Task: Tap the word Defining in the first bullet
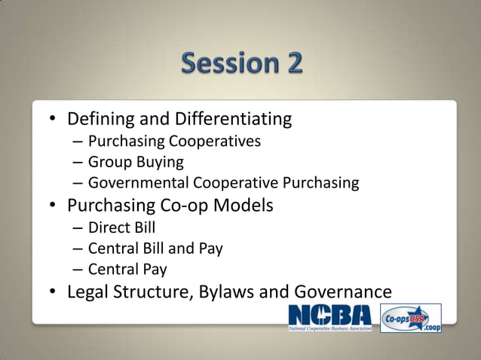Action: [100, 120]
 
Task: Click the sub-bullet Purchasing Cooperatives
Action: [174, 141]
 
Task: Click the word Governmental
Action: [139, 183]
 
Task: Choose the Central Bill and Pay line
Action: [155, 248]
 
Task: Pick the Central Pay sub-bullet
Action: [127, 269]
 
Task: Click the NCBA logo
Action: [330, 318]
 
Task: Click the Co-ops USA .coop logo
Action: [411, 318]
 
